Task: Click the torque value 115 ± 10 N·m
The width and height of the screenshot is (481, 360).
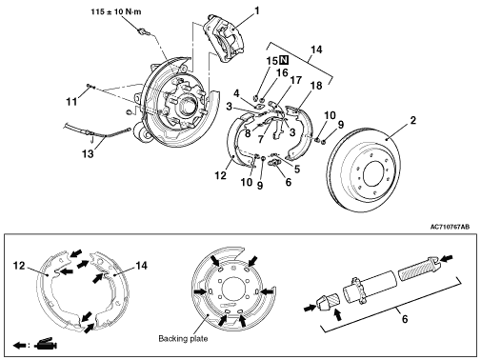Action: click(x=116, y=12)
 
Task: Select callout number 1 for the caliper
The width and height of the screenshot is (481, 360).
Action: click(x=257, y=10)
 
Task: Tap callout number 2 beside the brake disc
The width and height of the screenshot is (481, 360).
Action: click(x=412, y=120)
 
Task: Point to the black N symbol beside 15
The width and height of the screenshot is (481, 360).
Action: click(x=284, y=60)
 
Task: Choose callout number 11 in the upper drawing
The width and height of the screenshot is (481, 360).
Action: click(x=71, y=102)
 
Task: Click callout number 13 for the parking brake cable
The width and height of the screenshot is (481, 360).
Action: click(x=88, y=154)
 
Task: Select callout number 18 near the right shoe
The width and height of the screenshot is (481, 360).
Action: click(x=316, y=86)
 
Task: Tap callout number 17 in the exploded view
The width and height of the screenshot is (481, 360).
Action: click(x=295, y=80)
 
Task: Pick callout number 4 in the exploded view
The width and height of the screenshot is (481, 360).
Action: click(x=236, y=93)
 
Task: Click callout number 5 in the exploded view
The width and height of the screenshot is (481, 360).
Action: click(x=297, y=169)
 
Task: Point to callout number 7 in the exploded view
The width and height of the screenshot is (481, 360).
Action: click(x=261, y=139)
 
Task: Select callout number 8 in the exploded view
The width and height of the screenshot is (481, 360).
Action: click(x=248, y=133)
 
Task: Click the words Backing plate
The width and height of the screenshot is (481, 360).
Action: click(x=183, y=339)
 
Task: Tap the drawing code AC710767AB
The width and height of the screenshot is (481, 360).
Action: click(x=450, y=227)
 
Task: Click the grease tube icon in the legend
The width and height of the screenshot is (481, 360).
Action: click(x=45, y=344)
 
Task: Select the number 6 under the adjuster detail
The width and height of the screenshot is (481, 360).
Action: click(x=405, y=319)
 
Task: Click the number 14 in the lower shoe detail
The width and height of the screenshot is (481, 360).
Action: click(x=142, y=266)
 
